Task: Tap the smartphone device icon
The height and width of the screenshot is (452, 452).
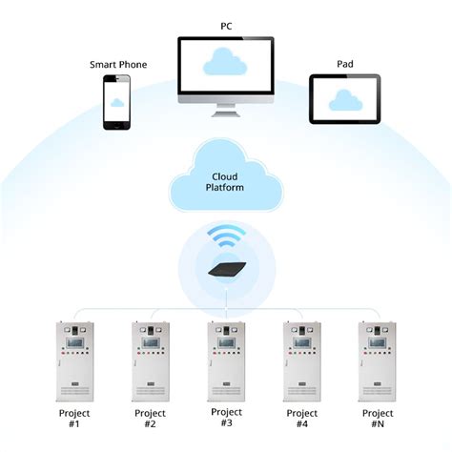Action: pos(118,100)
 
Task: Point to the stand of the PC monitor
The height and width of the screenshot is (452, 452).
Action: pos(225,109)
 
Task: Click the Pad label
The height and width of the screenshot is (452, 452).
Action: pos(344,64)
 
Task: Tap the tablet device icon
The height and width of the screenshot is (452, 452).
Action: pos(344,99)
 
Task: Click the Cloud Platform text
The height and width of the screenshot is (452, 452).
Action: pos(226,182)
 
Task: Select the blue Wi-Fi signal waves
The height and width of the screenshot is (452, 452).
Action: pos(226,237)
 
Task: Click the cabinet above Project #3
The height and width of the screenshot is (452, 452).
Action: pos(226,363)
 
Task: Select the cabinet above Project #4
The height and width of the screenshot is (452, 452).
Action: pos(302,363)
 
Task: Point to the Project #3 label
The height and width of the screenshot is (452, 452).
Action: pos(226,419)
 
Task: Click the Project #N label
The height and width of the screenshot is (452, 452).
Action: pos(379,421)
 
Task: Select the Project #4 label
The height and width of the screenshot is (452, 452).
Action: pos(303,421)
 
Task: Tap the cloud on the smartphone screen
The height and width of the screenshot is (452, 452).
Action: pos(118,100)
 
